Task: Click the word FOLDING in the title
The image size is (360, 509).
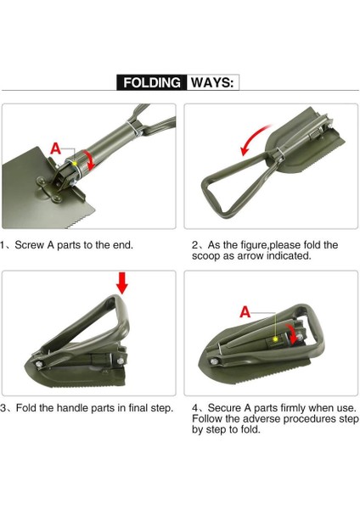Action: tap(152, 82)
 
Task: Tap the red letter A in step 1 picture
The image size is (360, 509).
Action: tap(55, 148)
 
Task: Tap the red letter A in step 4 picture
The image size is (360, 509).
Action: tap(245, 312)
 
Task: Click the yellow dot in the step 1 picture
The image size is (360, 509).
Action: tap(75, 163)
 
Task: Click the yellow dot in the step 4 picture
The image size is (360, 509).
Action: tap(276, 339)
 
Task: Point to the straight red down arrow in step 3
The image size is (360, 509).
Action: tap(122, 283)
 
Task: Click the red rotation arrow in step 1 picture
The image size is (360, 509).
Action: tap(89, 159)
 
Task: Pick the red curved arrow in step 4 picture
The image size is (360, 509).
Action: tap(292, 333)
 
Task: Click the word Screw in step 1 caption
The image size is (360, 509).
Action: tap(31, 245)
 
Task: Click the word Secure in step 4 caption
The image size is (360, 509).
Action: tap(223, 408)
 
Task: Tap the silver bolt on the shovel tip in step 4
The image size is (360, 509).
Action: tap(213, 361)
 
